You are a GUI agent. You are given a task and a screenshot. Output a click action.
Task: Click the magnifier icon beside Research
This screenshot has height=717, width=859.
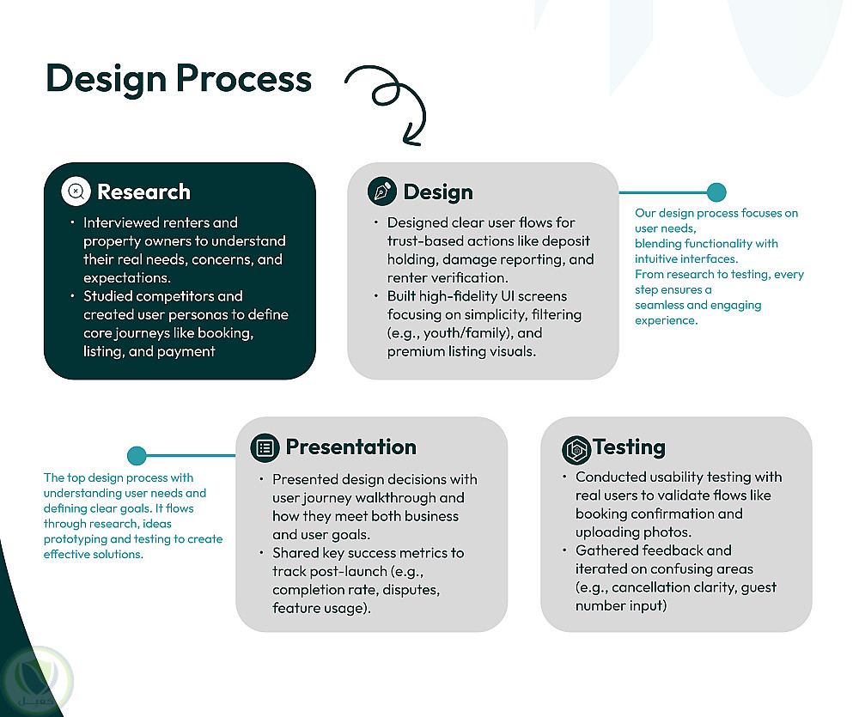coord(76,191)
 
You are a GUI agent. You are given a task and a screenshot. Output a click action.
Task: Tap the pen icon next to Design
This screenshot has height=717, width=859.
coord(382,191)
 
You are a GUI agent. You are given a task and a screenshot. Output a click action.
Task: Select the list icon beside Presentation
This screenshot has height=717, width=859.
coord(265,447)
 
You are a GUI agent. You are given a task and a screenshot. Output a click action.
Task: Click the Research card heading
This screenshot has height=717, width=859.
coord(143,191)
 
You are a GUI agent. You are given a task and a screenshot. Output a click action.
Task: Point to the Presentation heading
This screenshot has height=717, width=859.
coord(350,447)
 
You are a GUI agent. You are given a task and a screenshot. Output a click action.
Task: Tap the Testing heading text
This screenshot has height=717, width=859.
coord(629,447)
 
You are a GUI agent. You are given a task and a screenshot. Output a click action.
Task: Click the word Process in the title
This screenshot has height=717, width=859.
coord(244,78)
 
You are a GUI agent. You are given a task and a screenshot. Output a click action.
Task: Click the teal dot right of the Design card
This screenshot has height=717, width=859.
coord(716,192)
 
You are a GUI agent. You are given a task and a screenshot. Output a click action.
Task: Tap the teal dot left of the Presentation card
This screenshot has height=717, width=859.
coord(136,455)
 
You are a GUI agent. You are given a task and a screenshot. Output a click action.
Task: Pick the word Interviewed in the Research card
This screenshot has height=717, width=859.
coord(121,222)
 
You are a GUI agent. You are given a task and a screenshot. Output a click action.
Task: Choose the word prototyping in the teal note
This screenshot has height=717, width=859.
coord(77,539)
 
